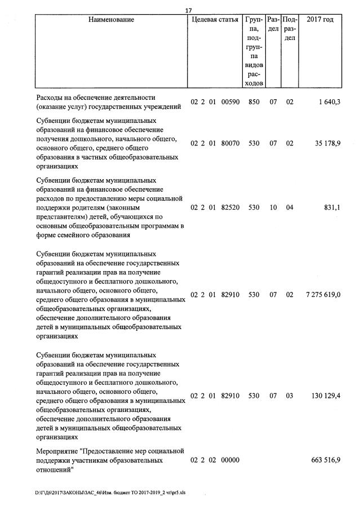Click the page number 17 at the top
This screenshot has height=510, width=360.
188,9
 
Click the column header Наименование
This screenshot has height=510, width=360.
111,20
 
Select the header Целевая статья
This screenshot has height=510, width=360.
215,20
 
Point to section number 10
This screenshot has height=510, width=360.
273,207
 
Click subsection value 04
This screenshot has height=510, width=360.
290,207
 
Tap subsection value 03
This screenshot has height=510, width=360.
290,396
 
